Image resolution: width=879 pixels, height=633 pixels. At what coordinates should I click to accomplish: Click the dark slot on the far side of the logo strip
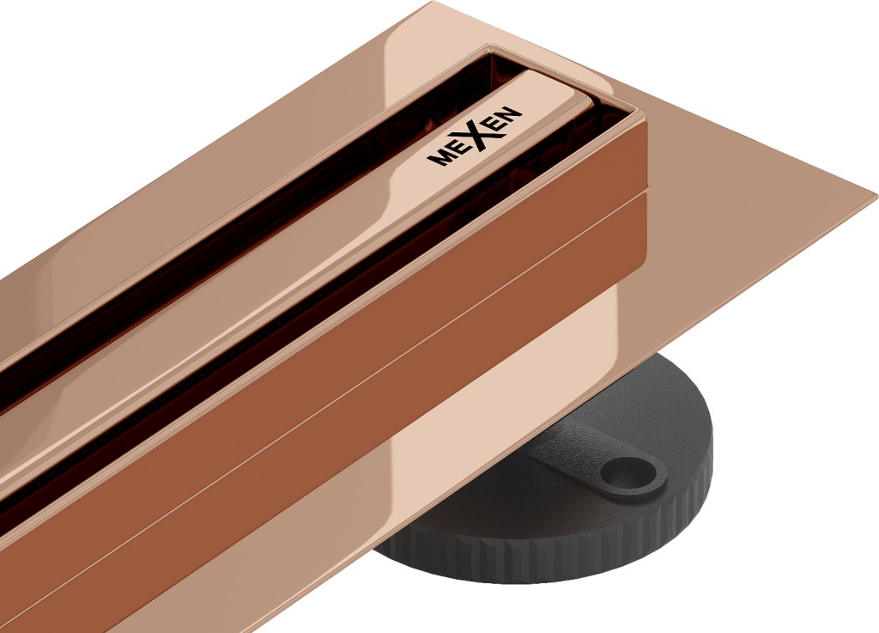pyautogui.click(x=258, y=215)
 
